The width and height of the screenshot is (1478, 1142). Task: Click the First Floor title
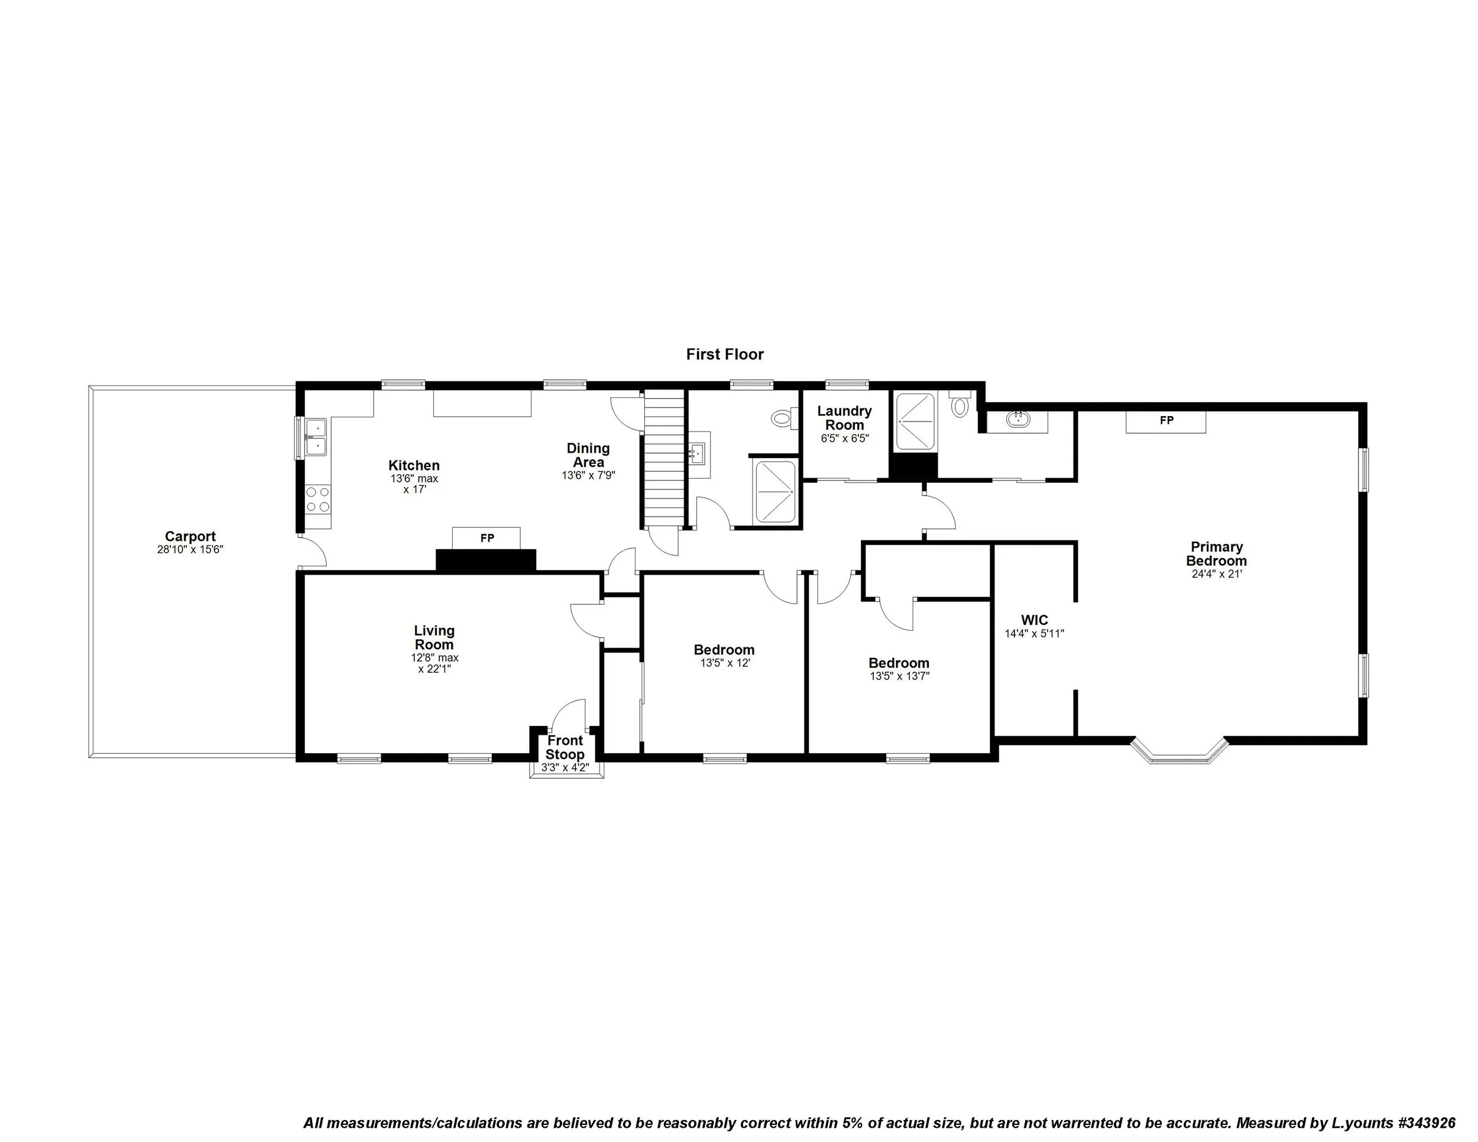point(724,354)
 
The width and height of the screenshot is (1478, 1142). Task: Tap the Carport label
point(190,537)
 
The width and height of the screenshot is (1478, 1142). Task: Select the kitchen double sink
point(315,436)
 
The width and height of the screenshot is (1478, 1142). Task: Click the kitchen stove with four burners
point(317,499)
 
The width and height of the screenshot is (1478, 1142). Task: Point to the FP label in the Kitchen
point(487,538)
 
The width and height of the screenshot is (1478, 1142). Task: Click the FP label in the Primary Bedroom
point(1166,420)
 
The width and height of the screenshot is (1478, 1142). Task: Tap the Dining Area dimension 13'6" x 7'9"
point(588,476)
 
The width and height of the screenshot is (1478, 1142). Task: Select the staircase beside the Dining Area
point(663,460)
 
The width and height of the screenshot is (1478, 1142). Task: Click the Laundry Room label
point(844,417)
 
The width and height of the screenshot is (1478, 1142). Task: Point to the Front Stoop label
point(565,747)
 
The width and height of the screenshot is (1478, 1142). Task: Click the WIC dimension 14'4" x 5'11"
point(1034,634)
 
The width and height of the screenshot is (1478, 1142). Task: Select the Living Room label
point(435,637)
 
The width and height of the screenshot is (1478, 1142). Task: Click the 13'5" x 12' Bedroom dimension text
point(724,663)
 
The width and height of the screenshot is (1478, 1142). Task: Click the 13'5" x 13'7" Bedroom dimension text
point(899,676)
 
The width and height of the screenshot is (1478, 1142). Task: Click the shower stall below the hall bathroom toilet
point(774,492)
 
